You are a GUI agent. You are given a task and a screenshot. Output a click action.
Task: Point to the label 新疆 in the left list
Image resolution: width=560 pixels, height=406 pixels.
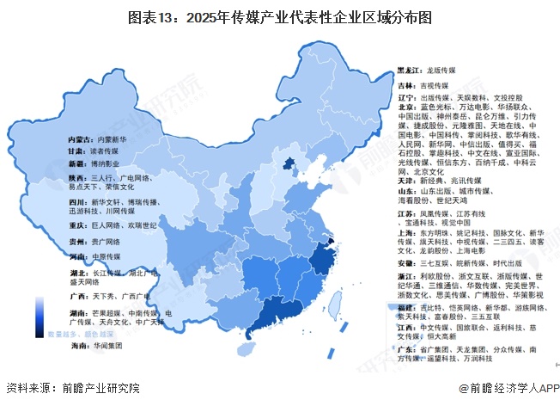coord(76,162)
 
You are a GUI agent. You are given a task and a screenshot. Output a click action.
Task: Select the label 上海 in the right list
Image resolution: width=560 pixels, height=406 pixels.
coord(405,232)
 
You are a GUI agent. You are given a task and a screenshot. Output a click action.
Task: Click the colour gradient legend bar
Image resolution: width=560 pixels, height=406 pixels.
coord(40,317)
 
